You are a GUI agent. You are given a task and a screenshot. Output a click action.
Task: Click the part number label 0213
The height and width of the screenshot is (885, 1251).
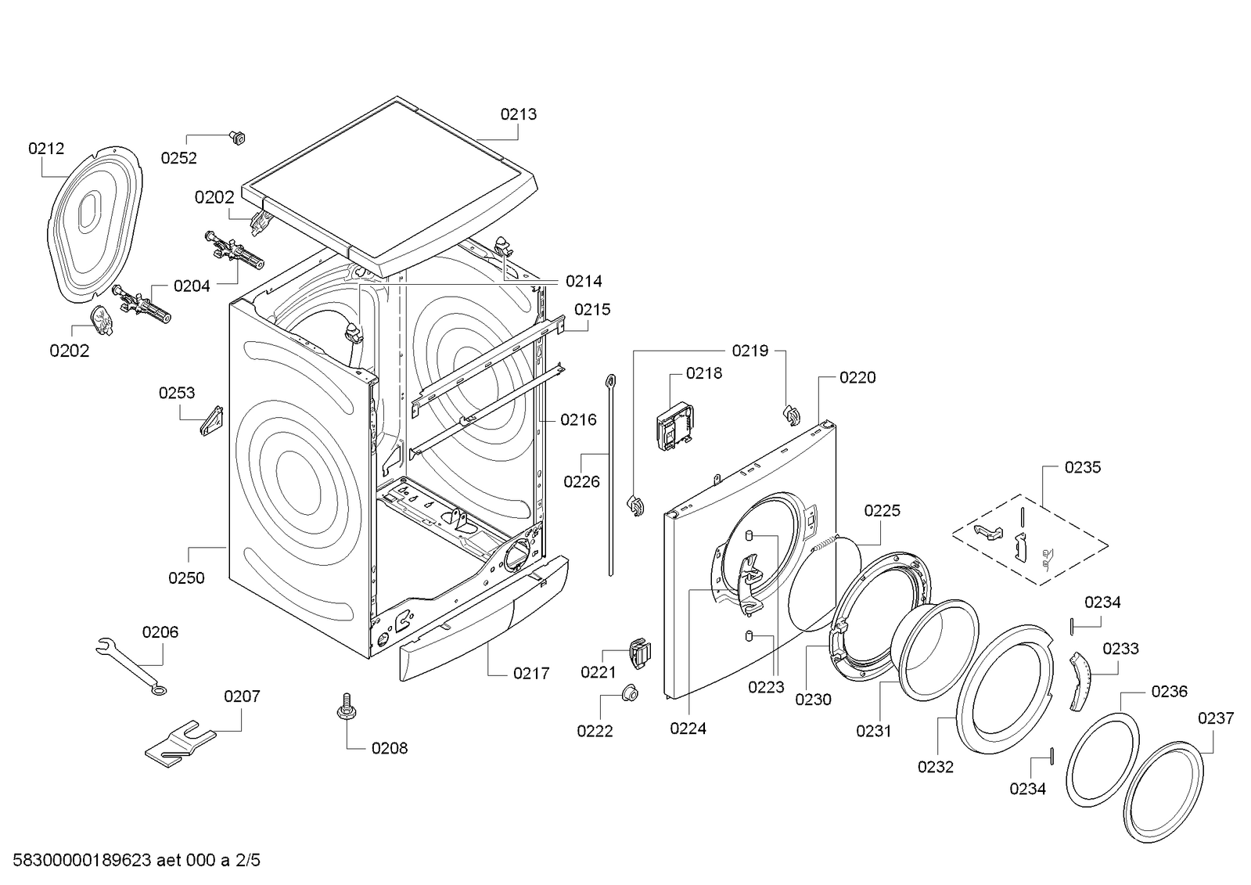(519, 114)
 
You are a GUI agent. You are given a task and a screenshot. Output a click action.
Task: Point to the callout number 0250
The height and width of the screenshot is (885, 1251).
(186, 578)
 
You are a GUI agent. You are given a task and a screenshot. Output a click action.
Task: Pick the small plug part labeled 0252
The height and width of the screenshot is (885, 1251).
(236, 139)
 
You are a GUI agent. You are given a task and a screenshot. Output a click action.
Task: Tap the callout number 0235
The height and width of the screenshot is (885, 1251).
(1082, 467)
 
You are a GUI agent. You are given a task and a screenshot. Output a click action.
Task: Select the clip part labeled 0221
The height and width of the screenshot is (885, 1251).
(639, 653)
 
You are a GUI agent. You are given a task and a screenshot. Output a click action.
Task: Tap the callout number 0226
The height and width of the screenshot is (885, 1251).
(581, 482)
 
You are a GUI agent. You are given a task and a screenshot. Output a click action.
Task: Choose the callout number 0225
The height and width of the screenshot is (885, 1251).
(882, 511)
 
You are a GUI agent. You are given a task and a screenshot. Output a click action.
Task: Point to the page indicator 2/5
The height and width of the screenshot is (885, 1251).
(248, 861)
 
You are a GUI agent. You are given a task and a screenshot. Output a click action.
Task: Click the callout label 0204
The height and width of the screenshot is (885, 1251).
(192, 286)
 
